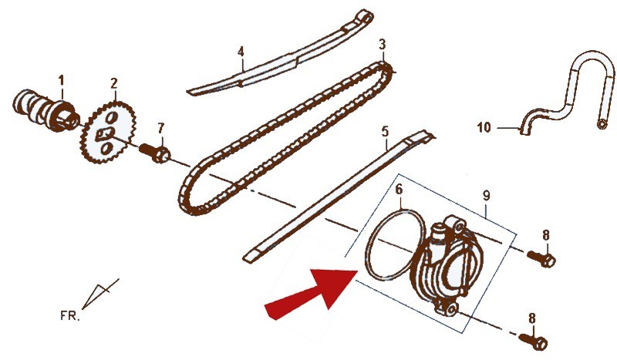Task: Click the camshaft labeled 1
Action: point(46,111)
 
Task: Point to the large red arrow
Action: point(311,291)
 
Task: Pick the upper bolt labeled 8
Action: point(541,257)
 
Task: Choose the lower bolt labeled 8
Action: point(533,340)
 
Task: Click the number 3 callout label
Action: point(383,44)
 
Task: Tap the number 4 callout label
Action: point(241,52)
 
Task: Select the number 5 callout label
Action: point(385,131)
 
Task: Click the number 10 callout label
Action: point(484,127)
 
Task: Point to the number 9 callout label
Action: point(487,196)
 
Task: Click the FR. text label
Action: point(70,315)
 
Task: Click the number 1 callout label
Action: point(61,81)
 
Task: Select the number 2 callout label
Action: point(113,83)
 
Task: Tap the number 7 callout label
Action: point(160,128)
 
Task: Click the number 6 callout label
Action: point(399,190)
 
